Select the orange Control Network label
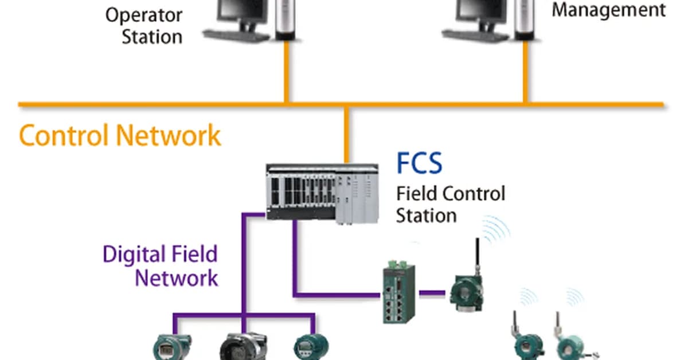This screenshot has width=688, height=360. pyautogui.click(x=120, y=136)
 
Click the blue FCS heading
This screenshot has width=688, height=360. pyautogui.click(x=419, y=164)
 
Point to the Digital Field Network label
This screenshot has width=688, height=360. pyautogui.click(x=161, y=266)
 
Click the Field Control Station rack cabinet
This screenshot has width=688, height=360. pyautogui.click(x=322, y=193)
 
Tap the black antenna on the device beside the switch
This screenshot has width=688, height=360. pyautogui.click(x=475, y=255)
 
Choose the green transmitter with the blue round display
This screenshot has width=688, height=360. pyautogui.click(x=310, y=346)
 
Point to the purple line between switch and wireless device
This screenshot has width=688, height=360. pyautogui.click(x=432, y=293)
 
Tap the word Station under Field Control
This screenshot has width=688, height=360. pyautogui.click(x=426, y=216)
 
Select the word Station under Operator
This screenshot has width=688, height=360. pyautogui.click(x=152, y=37)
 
